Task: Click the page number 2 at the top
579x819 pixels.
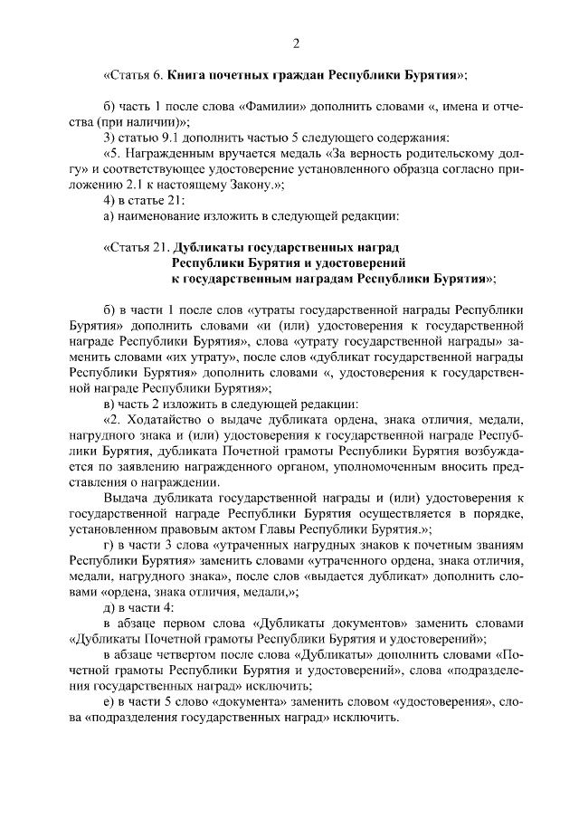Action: pyautogui.click(x=295, y=43)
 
